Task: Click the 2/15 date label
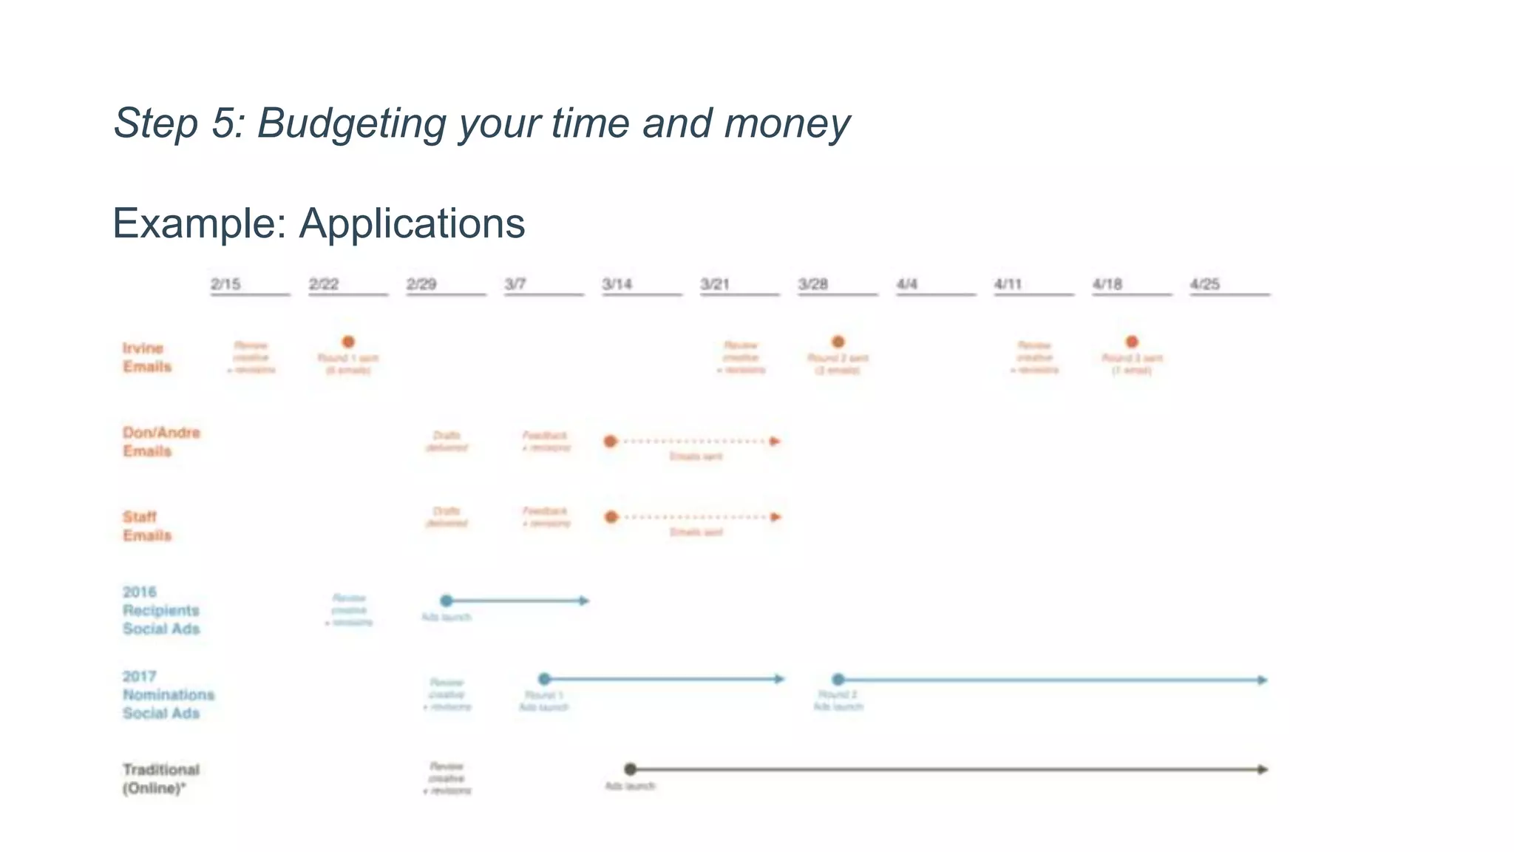225,284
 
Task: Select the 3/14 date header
617,284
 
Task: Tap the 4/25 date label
1204,284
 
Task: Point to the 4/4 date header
906,284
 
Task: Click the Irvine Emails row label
146,357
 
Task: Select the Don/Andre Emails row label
161,442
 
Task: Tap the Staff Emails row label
146,526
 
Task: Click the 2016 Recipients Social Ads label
161,610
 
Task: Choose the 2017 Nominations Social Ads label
168,694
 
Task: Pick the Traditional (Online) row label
160,779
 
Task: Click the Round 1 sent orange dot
348,342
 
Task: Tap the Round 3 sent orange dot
1132,342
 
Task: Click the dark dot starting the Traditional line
630,769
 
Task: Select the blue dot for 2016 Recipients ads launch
446,601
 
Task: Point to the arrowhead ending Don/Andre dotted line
775,442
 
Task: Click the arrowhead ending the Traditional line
1263,769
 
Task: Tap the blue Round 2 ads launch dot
838,679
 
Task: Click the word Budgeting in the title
351,124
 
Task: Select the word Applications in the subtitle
412,223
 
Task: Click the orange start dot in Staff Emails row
611,517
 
